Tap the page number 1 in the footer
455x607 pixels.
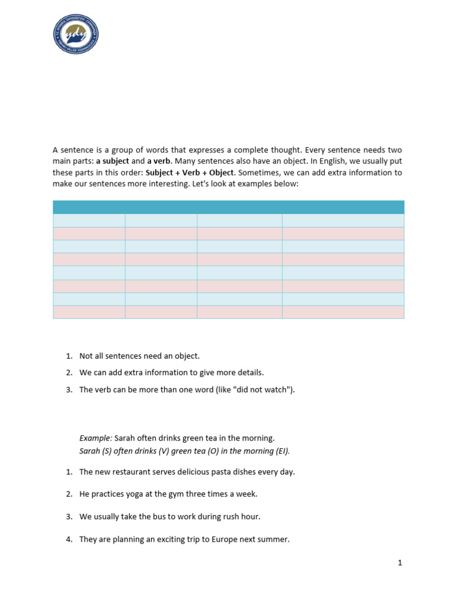[400, 563]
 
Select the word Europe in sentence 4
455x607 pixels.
[222, 539]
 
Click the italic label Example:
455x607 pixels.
[95, 438]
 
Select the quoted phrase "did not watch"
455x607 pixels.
[265, 389]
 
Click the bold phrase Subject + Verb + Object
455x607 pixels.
[190, 173]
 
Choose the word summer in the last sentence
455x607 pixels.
[274, 539]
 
